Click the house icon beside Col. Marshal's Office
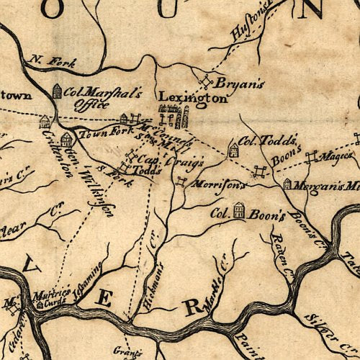58,91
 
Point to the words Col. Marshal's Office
94,98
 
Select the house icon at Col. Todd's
233,149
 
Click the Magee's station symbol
312,156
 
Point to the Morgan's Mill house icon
287,184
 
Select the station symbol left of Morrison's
181,181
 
